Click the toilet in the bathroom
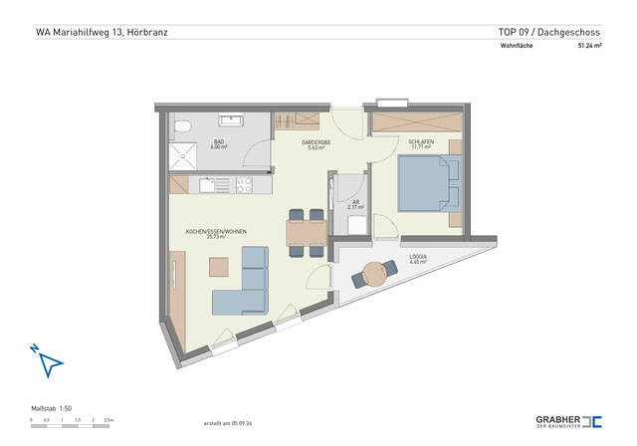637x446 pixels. tap(181, 126)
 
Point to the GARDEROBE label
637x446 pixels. tap(316, 144)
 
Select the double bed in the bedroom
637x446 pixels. tap(429, 186)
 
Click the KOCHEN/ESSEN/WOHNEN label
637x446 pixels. tap(216, 233)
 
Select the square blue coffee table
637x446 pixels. tap(218, 267)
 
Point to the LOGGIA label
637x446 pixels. tap(418, 258)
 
